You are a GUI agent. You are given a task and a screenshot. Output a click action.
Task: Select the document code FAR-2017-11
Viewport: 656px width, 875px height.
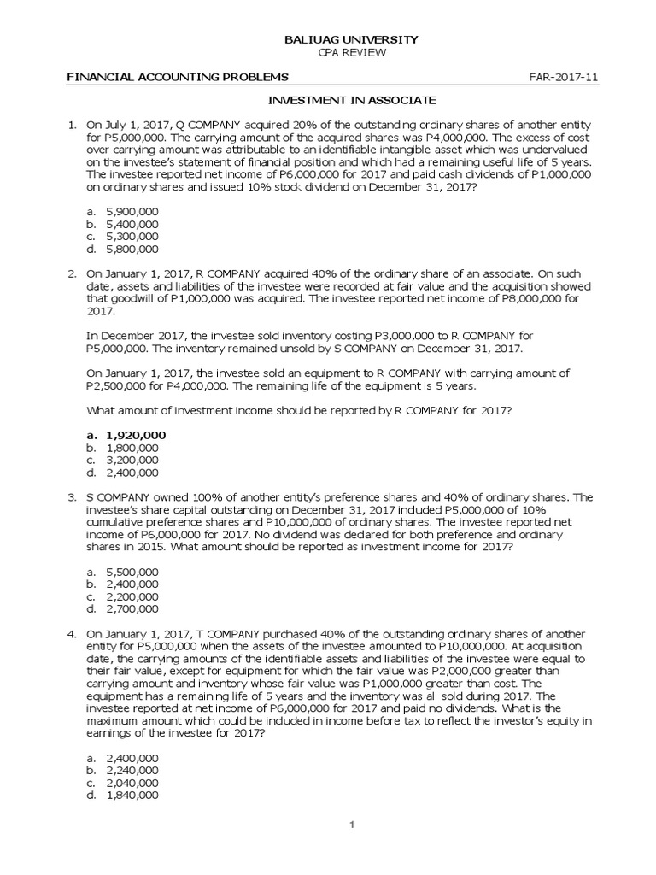pyautogui.click(x=565, y=77)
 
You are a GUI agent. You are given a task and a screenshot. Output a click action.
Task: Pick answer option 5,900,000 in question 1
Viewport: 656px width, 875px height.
pyautogui.click(x=132, y=211)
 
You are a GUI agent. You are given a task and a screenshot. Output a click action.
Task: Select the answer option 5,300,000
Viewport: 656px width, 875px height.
pyautogui.click(x=132, y=237)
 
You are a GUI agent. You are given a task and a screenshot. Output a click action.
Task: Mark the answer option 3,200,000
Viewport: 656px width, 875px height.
pyautogui.click(x=132, y=460)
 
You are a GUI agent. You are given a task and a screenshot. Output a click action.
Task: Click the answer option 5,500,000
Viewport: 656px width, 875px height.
pyautogui.click(x=132, y=571)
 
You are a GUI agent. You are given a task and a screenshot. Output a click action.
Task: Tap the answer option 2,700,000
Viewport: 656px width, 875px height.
pyautogui.click(x=132, y=609)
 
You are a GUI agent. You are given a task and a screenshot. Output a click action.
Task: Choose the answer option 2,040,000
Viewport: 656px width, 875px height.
pyautogui.click(x=132, y=783)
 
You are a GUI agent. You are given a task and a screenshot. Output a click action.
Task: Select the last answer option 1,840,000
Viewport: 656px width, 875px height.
pyautogui.click(x=132, y=796)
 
